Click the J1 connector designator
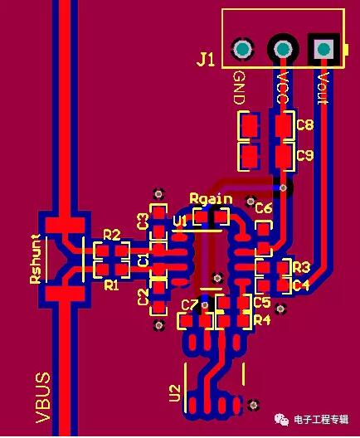(x=206, y=60)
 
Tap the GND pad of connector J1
(x=242, y=49)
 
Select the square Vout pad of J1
(x=324, y=49)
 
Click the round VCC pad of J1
(x=283, y=49)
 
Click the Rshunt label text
(x=36, y=259)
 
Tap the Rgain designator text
(x=211, y=198)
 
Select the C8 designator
(x=305, y=124)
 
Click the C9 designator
(x=305, y=155)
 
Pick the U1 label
(x=179, y=221)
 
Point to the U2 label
(x=175, y=393)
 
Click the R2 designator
(x=112, y=235)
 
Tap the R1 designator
(x=111, y=285)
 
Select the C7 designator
(x=190, y=304)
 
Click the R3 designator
(x=302, y=268)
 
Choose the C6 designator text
(x=264, y=208)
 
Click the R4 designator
(x=262, y=320)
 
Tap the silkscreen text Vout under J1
(x=324, y=88)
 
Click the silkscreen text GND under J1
(x=239, y=88)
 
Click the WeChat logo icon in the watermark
(x=281, y=419)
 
